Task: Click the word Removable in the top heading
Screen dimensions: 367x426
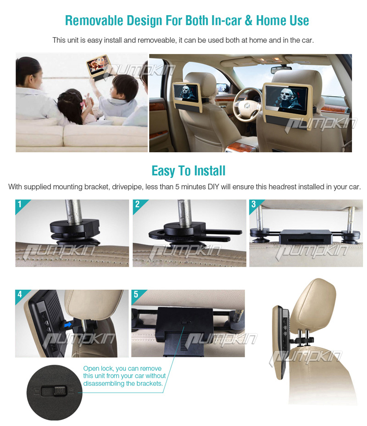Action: point(94,21)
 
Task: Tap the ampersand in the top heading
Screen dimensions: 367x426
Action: point(249,21)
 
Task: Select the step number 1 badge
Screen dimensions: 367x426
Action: point(20,204)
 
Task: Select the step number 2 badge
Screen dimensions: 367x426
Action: point(137,204)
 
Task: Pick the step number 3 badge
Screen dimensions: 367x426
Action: point(254,204)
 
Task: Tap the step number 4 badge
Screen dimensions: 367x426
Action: point(20,294)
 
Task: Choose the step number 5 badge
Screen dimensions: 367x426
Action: point(136,294)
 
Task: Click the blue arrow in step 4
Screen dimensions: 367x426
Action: point(67,324)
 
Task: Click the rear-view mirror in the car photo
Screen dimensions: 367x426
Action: point(281,70)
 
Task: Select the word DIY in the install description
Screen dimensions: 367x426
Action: point(213,187)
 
